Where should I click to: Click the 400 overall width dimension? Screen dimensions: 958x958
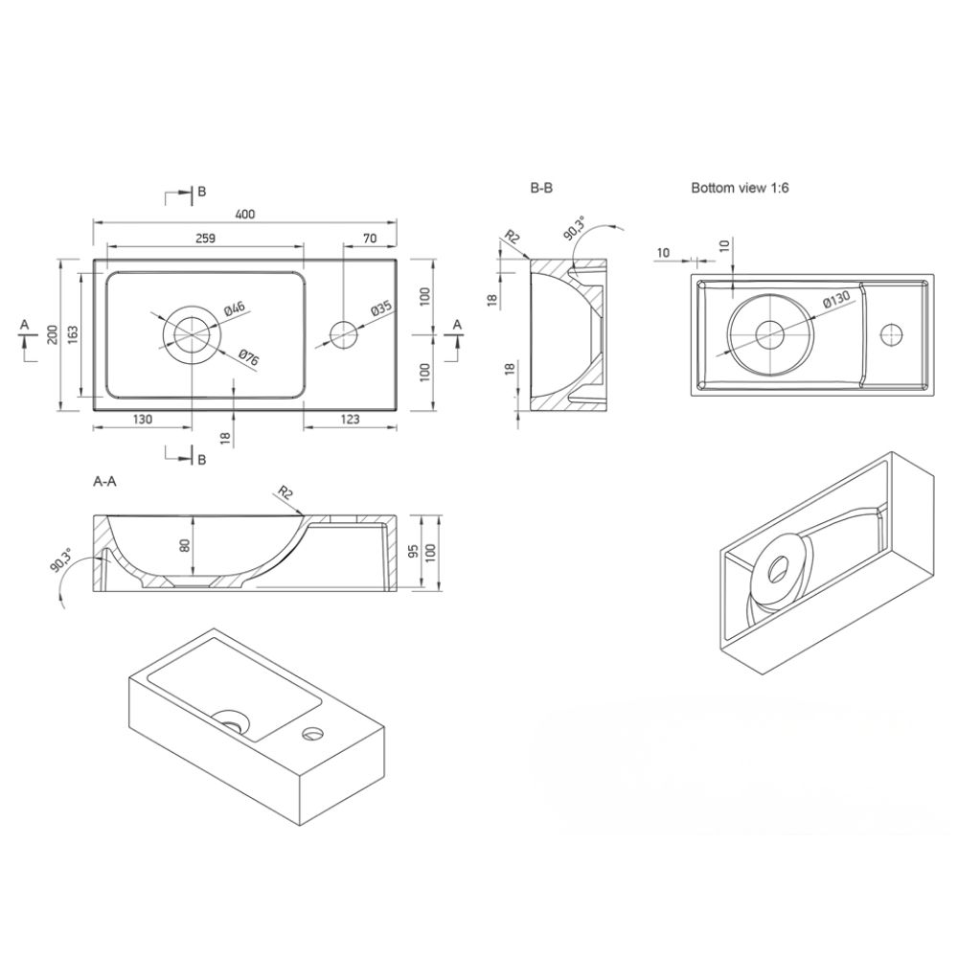point(244,214)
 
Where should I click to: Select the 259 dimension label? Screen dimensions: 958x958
point(205,239)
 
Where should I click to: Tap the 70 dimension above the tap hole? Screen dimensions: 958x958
point(370,239)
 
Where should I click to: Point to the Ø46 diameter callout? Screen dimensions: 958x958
point(234,308)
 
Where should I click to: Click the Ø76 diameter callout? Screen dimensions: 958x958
point(249,357)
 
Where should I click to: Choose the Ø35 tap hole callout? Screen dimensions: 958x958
point(380,308)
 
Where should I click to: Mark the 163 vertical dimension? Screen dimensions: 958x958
point(72,334)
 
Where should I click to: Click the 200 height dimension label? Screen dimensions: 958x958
point(53,334)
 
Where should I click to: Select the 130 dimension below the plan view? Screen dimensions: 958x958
point(143,420)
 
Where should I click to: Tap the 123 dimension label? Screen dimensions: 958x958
point(350,420)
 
